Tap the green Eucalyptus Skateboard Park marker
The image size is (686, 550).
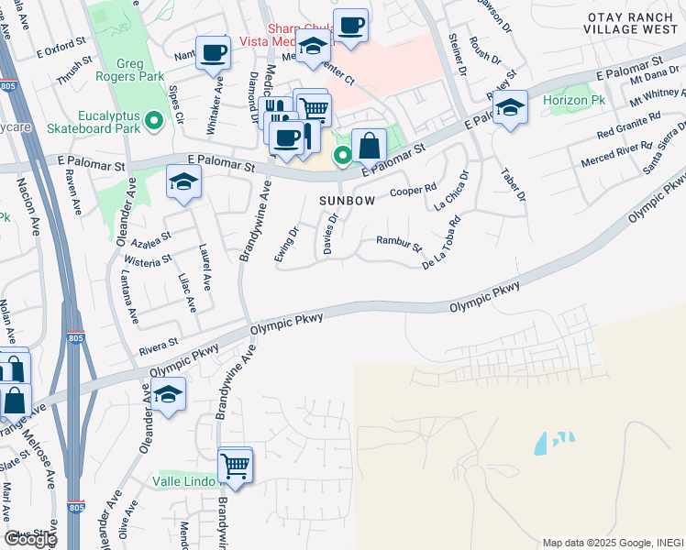point(154,119)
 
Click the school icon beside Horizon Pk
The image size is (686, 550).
point(511,108)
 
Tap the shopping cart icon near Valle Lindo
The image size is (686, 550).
point(236,466)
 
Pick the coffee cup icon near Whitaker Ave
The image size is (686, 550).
point(213,51)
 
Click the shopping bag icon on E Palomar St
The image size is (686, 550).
point(369,145)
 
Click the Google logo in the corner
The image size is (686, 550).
point(30,538)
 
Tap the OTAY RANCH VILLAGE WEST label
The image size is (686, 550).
point(633,23)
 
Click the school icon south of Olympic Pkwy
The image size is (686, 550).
point(169,395)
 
